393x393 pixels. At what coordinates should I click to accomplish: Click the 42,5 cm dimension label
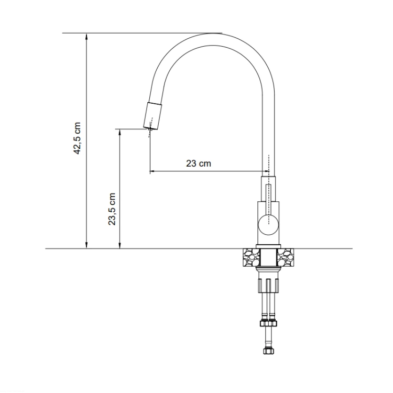77,138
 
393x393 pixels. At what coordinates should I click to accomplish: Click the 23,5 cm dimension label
112,209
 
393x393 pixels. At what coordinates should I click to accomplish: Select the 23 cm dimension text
199,163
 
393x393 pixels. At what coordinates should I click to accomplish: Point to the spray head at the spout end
152,116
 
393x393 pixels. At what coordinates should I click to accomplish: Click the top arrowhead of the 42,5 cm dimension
86,37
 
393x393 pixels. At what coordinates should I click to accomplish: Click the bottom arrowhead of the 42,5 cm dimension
86,245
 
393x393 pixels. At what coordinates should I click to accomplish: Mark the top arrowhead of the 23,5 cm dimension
120,133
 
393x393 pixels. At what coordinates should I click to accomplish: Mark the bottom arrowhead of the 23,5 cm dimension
120,245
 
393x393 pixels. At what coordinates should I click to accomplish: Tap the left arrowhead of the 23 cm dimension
154,171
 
